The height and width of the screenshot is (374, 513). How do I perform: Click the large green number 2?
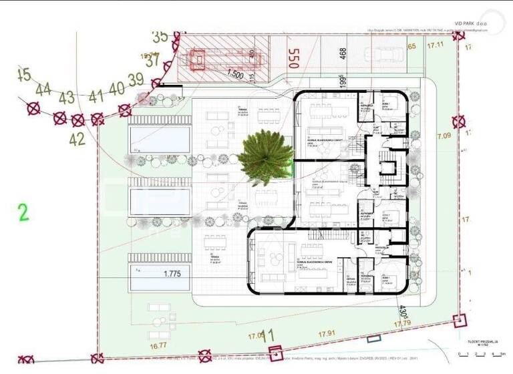pos(23,213)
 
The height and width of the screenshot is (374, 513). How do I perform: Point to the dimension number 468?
pos(343,53)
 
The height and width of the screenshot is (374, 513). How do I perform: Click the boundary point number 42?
pos(77,140)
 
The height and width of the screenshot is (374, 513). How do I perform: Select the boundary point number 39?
pos(136,80)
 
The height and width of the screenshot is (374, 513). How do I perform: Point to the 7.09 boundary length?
pos(444,137)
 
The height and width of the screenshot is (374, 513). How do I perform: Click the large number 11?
pos(269,335)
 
